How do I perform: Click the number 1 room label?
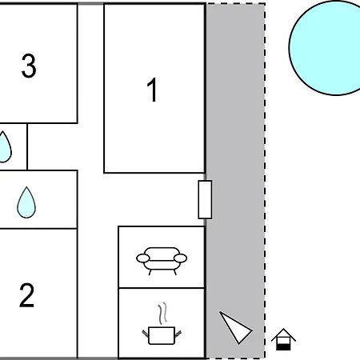coord(152,90)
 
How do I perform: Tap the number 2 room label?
coord(26,295)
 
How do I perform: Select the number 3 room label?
coord(29,66)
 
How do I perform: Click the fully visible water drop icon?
coord(26,202)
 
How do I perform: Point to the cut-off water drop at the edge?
coord(5,147)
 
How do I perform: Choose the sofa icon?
coord(162,261)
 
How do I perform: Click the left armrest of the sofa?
coord(143,258)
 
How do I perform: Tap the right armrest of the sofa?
coord(180,258)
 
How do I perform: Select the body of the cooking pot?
coord(162,335)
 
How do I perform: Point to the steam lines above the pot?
coord(162,314)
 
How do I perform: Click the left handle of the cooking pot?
coord(146,334)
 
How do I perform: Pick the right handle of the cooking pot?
coord(178,334)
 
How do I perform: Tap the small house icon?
coord(283,339)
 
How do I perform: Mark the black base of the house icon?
coord(283,347)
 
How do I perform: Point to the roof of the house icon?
coord(283,334)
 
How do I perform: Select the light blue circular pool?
coord(328,48)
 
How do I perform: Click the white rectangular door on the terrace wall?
coord(205,199)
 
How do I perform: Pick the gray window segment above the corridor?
coord(90,3)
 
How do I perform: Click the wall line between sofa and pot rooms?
coord(162,288)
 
